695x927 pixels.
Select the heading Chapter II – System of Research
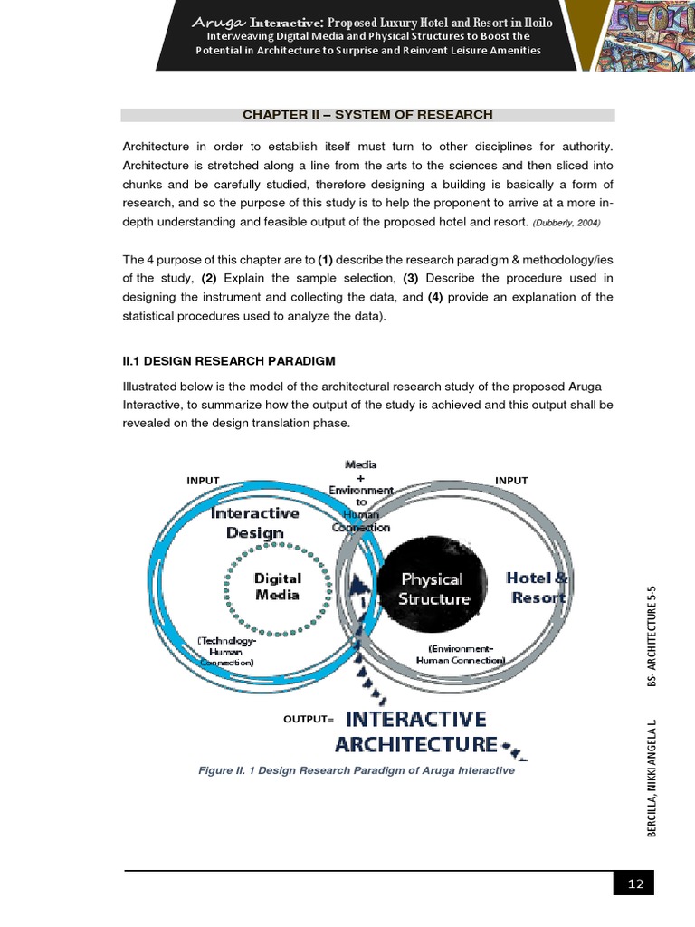pos(367,115)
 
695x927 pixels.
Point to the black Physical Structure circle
pos(434,588)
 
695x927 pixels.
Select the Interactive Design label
pos(254,522)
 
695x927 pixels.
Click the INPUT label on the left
pos(203,480)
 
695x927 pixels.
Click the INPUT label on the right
pos(511,480)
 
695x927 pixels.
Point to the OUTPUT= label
pos(309,719)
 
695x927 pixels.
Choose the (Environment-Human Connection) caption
pos(462,654)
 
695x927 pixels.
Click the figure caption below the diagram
pos(356,770)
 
